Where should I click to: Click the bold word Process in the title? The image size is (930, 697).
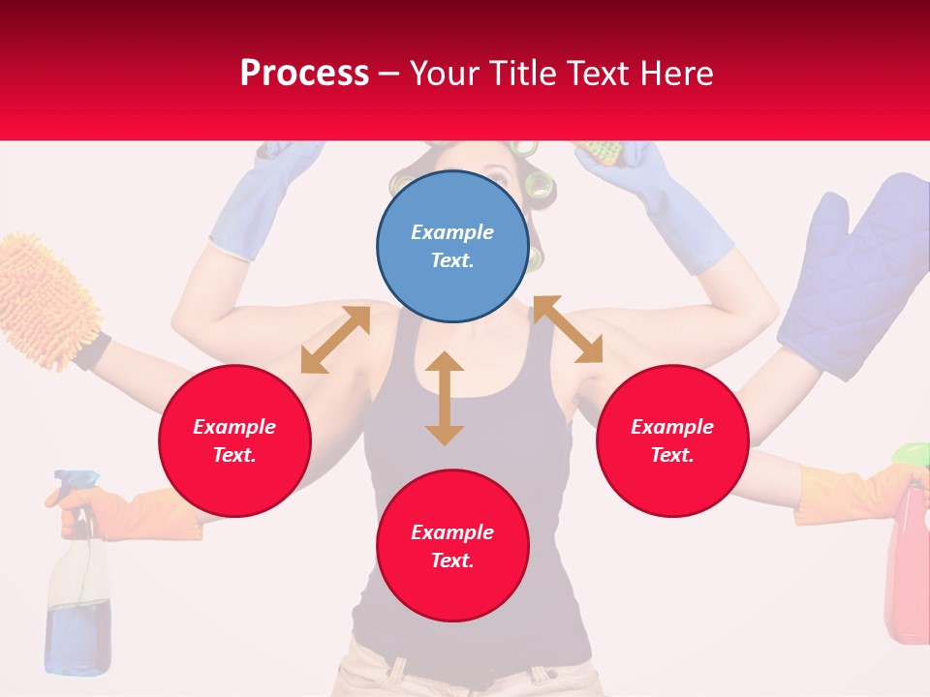pyautogui.click(x=304, y=74)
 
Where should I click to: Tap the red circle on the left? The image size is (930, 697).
pyautogui.click(x=234, y=440)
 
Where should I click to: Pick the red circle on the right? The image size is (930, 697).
pyautogui.click(x=672, y=440)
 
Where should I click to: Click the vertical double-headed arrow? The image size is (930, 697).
pyautogui.click(x=445, y=398)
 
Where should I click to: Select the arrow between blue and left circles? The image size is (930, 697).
pyautogui.click(x=335, y=340)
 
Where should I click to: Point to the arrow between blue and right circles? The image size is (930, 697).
pyautogui.click(x=568, y=329)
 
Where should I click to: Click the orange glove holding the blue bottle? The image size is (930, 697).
pyautogui.click(x=145, y=513)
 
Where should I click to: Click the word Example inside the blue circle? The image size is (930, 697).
pyautogui.click(x=452, y=232)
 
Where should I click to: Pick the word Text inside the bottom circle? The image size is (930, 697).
pyautogui.click(x=452, y=561)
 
